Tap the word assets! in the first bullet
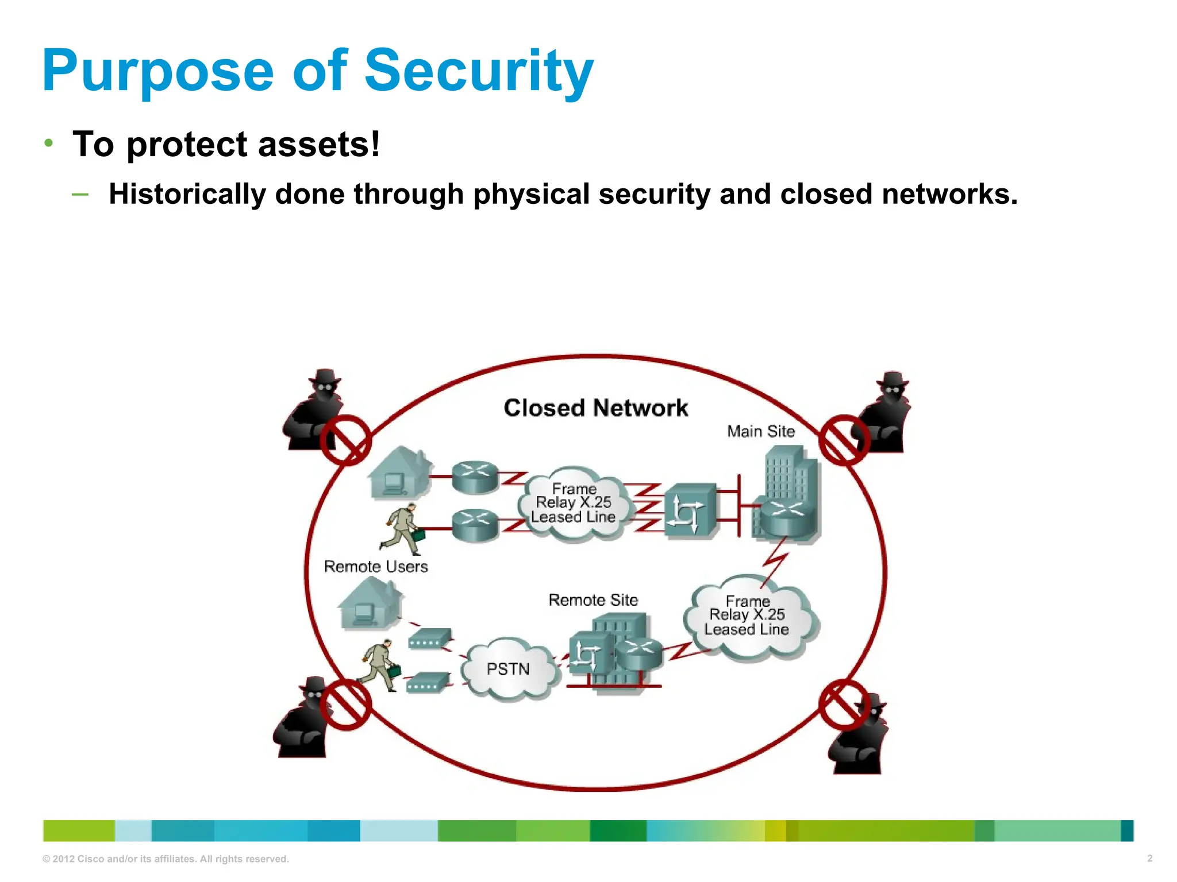(319, 144)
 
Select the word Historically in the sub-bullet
(187, 194)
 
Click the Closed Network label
(595, 408)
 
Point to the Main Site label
(761, 431)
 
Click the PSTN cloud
(509, 669)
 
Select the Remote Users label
(376, 567)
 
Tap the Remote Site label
(593, 600)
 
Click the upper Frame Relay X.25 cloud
(574, 503)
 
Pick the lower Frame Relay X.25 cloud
(747, 616)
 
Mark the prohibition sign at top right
(844, 440)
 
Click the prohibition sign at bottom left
(345, 705)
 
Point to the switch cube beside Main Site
(690, 510)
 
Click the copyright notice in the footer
(166, 859)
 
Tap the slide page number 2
(1149, 858)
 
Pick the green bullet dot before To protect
(49, 142)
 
